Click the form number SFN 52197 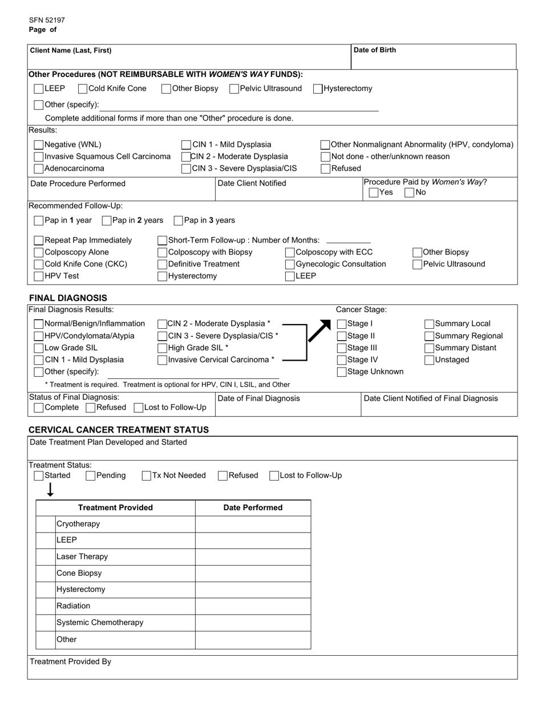coord(47,20)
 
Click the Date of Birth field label coord(374,50)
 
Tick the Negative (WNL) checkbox coord(39,145)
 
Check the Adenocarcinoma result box coord(39,169)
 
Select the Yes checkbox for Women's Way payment coord(374,193)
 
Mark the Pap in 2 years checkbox coord(107,221)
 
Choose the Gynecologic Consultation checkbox coord(290,264)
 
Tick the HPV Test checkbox coord(39,276)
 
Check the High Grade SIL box coord(163,348)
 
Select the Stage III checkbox coord(342,348)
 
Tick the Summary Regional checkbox coord(430,336)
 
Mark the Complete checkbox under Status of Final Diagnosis coord(39,408)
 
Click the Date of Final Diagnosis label coord(258,398)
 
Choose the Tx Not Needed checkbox coord(147,476)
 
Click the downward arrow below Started coord(50,490)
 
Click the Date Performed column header coord(253,507)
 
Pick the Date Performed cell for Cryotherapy coord(253,524)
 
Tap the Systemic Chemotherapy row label coord(100,623)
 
